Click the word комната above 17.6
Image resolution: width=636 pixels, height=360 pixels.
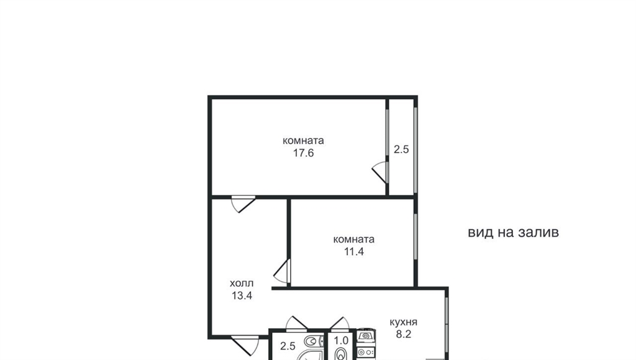pyautogui.click(x=303, y=141)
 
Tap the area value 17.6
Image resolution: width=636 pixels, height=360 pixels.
pyautogui.click(x=303, y=153)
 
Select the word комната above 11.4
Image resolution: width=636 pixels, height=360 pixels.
pyautogui.click(x=353, y=239)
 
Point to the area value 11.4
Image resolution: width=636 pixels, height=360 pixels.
pyautogui.click(x=354, y=252)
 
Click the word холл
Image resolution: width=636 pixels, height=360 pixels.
pyautogui.click(x=242, y=283)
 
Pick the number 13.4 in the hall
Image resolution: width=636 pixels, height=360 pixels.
pyautogui.click(x=242, y=295)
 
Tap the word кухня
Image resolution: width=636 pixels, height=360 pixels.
pyautogui.click(x=403, y=322)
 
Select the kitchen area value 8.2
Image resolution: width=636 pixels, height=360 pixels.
pyautogui.click(x=404, y=334)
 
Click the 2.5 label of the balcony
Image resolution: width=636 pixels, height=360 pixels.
pyautogui.click(x=401, y=150)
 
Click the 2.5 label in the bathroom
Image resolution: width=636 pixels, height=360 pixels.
pyautogui.click(x=288, y=346)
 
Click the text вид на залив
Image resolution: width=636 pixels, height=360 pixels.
pyautogui.click(x=513, y=232)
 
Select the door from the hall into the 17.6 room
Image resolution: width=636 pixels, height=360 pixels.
pyautogui.click(x=243, y=204)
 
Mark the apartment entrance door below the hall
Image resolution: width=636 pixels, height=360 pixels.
pyautogui.click(x=245, y=344)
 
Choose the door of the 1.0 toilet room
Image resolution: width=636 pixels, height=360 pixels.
pyautogui.click(x=340, y=323)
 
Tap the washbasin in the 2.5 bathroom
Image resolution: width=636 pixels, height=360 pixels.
pyautogui.click(x=312, y=341)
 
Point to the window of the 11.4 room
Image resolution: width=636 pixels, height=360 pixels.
pyautogui.click(x=416, y=236)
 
